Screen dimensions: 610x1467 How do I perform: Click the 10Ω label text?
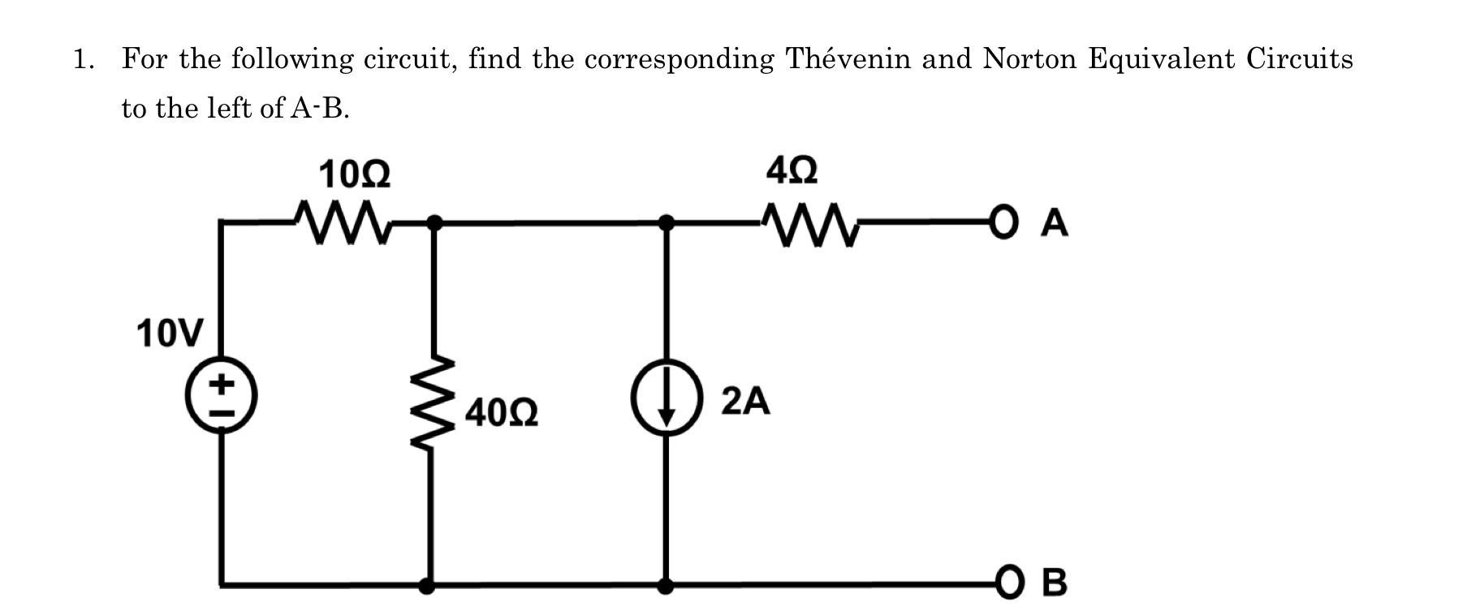point(354,175)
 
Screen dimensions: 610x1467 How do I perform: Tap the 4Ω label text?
point(792,171)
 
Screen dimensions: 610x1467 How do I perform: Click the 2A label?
point(745,402)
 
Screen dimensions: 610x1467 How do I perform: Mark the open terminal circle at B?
point(1007,582)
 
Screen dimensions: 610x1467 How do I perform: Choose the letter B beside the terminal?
point(1053,583)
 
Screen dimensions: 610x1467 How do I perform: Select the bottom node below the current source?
point(666,583)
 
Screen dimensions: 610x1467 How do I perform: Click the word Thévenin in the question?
point(848,59)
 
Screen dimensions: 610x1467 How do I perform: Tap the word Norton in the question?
point(1027,59)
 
